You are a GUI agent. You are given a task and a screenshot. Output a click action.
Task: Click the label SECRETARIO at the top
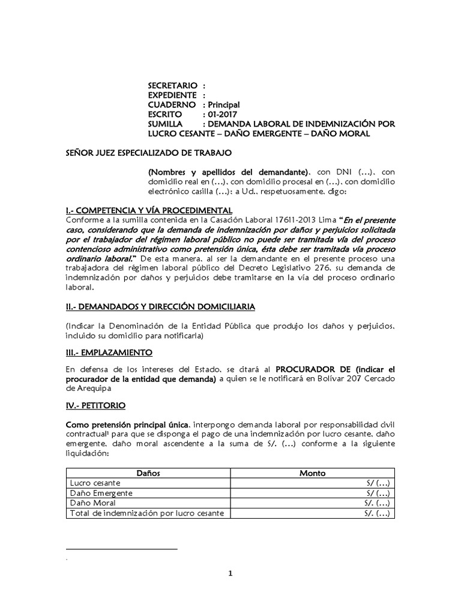173,86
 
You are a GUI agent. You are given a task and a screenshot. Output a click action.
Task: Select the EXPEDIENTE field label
172,95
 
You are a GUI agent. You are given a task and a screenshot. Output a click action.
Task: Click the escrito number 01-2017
223,115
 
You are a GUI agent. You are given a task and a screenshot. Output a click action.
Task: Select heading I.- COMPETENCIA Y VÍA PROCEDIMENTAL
149,210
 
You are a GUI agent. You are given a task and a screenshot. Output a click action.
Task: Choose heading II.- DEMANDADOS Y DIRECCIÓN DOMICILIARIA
160,306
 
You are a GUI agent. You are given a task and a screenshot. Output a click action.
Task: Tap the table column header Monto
312,473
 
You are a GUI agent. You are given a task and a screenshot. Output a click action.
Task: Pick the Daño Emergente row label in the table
101,493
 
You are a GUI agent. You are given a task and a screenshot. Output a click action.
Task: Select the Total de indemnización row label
146,513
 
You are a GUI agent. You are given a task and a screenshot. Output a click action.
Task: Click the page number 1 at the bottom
230,573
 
